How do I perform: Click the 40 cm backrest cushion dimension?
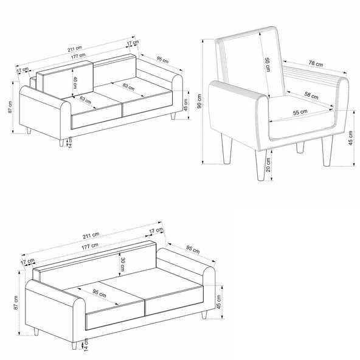[75, 83]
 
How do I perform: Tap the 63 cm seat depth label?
[86, 100]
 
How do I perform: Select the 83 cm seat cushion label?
[128, 86]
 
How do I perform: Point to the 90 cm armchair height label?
[199, 101]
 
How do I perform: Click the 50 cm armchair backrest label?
[267, 64]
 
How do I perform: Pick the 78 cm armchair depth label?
[316, 63]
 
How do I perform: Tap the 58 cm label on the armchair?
[311, 95]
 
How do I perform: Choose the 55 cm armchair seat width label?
[300, 112]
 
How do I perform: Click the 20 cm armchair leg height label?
[268, 165]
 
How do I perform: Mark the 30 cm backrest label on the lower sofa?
[123, 263]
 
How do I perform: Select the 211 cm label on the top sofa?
[75, 49]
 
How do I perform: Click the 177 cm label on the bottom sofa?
[90, 246]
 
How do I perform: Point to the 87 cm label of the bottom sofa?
[16, 303]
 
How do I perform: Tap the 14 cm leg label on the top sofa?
[70, 142]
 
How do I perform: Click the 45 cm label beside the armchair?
[350, 138]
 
